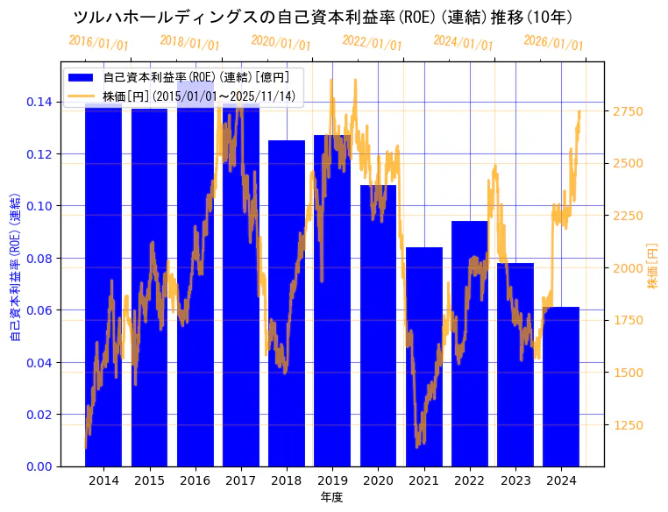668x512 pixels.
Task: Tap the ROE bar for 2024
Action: click(561, 386)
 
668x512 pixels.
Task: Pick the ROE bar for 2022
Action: click(470, 343)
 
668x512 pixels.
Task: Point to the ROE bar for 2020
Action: click(378, 324)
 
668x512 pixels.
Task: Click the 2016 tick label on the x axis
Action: click(195, 480)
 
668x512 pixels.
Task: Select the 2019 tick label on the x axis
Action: click(332, 480)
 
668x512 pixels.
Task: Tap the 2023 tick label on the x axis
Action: click(515, 480)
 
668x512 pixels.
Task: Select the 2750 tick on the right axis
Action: click(628, 111)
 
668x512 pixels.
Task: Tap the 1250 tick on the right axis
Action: click(628, 425)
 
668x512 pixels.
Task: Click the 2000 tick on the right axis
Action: click(628, 268)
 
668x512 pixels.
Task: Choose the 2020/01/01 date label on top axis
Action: click(281, 44)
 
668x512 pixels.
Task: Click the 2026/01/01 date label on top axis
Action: click(553, 44)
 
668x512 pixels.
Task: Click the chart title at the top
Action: click(323, 17)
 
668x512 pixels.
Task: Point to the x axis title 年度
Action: click(331, 497)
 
